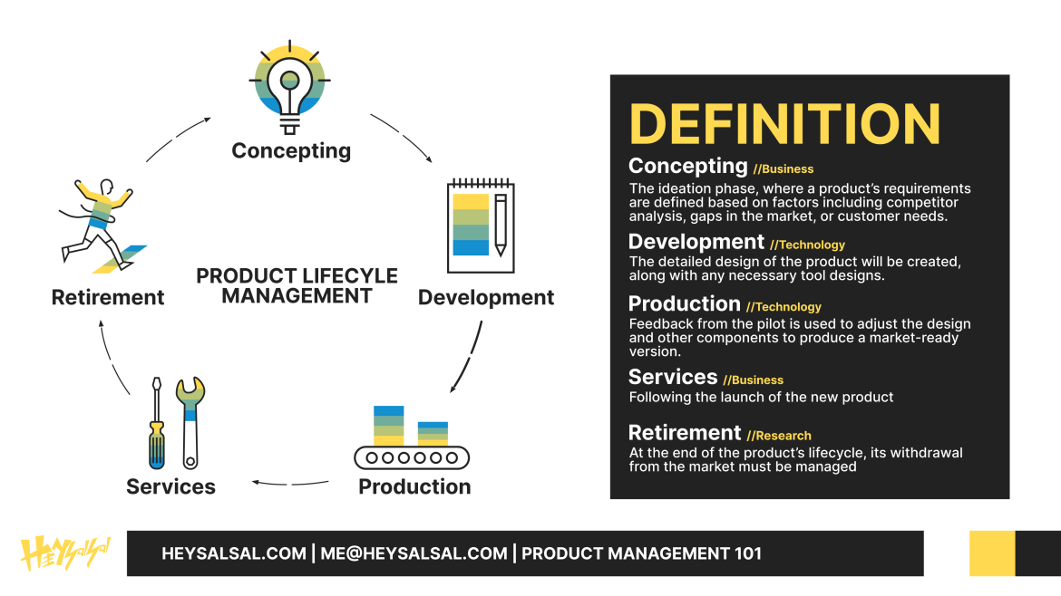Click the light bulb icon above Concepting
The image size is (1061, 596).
(x=289, y=87)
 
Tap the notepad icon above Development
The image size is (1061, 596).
(x=481, y=226)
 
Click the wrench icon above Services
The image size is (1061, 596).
(x=190, y=423)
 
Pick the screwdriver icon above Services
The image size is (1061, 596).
(x=157, y=423)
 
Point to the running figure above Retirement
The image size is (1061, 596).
(x=102, y=226)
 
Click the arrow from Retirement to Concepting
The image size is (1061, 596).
(x=177, y=137)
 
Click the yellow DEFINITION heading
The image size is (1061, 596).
(x=785, y=124)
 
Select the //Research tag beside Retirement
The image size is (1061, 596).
(x=779, y=436)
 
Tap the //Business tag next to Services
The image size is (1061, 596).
(x=753, y=380)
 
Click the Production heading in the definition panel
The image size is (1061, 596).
(x=684, y=304)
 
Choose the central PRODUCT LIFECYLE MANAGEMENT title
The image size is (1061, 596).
(x=297, y=286)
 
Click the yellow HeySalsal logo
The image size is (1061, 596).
(x=65, y=553)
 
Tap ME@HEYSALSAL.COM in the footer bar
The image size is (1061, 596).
(x=414, y=553)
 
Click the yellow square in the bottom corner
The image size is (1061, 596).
(x=992, y=553)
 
